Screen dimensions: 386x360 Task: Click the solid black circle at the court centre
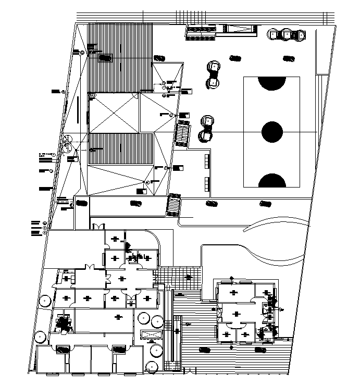pos(272,132)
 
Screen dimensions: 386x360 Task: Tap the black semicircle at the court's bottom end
pos(272,181)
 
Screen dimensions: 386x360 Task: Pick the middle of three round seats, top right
pos(287,35)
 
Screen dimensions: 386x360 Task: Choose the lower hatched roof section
pos(121,149)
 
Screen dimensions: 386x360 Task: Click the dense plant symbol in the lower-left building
pos(63,323)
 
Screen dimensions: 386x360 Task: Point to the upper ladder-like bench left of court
pos(207,160)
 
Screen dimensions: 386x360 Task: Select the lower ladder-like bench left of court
pos(207,184)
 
